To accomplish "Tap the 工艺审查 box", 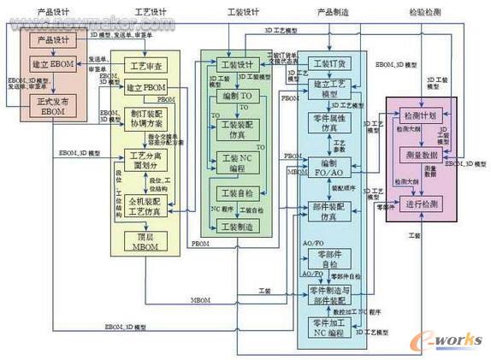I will point(145,66).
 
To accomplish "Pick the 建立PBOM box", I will point(145,88).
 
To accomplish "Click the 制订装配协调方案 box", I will point(145,121).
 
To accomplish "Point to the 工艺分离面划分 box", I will point(145,161).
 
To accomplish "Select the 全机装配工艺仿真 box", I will point(145,205).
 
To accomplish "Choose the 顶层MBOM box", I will point(145,242).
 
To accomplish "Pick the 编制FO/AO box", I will point(329,167).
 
